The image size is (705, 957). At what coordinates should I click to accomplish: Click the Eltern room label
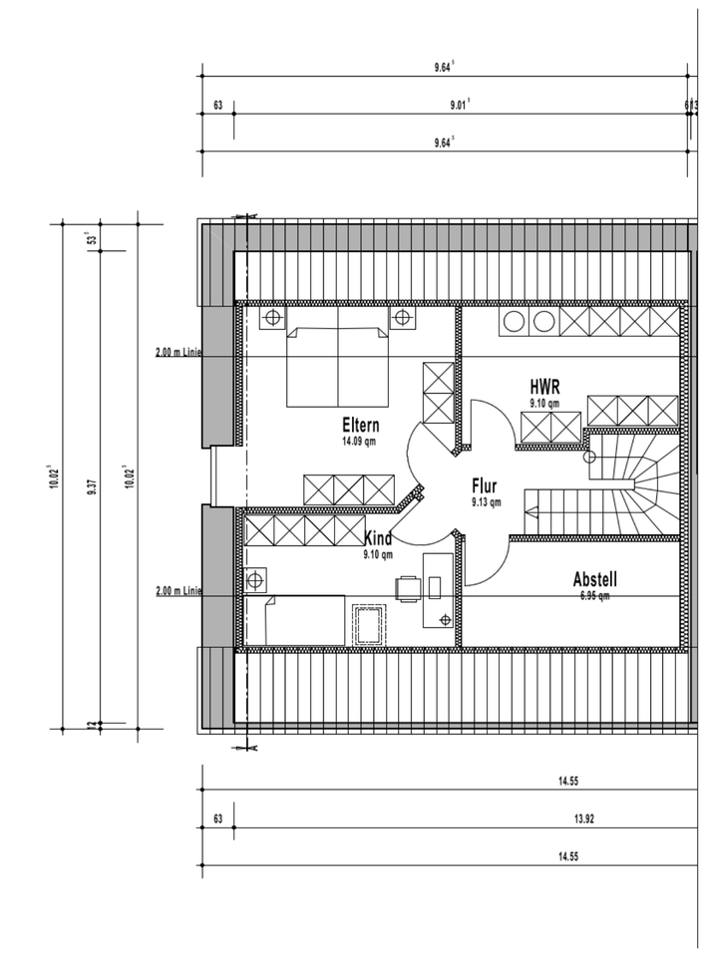(x=360, y=425)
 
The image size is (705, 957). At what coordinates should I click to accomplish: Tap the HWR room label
(x=543, y=386)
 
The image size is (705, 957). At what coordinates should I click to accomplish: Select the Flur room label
(x=486, y=487)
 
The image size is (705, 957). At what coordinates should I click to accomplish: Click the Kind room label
(x=378, y=539)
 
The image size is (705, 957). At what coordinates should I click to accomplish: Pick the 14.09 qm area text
(x=360, y=441)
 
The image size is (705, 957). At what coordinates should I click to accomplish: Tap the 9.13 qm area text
(x=486, y=502)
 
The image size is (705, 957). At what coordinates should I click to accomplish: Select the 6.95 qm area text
(x=594, y=595)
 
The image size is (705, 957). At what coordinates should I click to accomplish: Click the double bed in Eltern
(x=337, y=364)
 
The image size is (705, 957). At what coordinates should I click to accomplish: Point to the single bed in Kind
(x=305, y=621)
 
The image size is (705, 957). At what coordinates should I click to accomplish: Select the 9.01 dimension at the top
(x=460, y=105)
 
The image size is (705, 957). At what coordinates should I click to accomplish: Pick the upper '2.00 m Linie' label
(x=178, y=352)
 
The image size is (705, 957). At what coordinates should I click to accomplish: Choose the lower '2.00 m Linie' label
(x=178, y=591)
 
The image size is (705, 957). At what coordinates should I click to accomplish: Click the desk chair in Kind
(x=408, y=589)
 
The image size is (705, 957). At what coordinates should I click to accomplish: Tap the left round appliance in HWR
(x=515, y=321)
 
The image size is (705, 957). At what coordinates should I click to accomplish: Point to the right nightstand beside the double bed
(x=402, y=318)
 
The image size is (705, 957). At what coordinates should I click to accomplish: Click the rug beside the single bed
(x=370, y=624)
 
